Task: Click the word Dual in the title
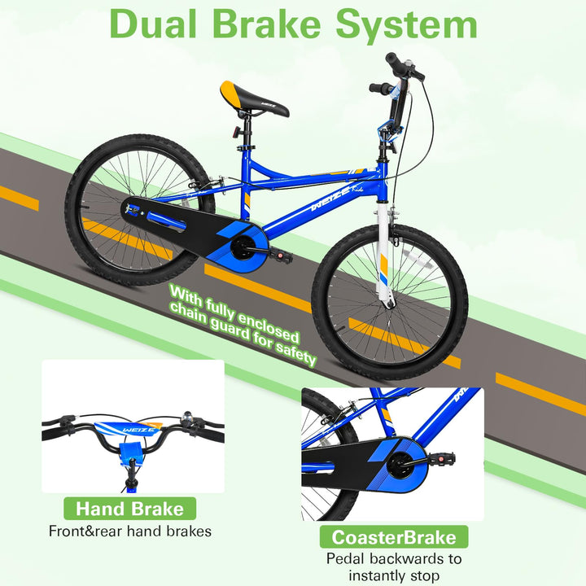tap(153, 24)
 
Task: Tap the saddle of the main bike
tap(254, 100)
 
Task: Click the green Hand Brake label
tap(129, 509)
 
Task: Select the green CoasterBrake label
tap(394, 537)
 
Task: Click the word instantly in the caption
tap(378, 576)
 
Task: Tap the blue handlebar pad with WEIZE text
tap(129, 429)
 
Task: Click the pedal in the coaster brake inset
tap(441, 457)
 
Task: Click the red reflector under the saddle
tap(235, 132)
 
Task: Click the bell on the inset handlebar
tap(186, 418)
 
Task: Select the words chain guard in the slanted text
tap(209, 321)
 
